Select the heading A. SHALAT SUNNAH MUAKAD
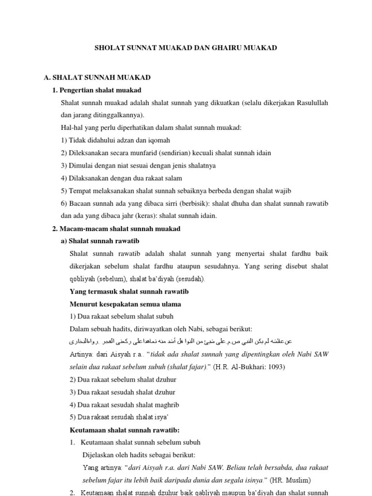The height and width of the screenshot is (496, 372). tap(97, 77)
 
